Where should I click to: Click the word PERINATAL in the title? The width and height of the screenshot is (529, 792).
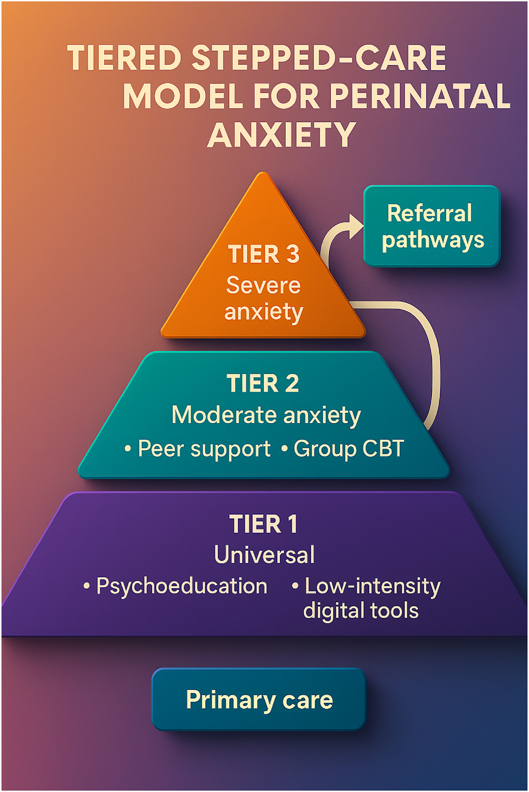coord(419,97)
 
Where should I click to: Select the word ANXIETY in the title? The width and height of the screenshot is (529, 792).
coord(281,135)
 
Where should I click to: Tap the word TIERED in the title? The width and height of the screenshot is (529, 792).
coord(124,59)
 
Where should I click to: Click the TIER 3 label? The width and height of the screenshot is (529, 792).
coord(263,254)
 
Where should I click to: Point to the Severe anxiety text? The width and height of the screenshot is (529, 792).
coord(263,298)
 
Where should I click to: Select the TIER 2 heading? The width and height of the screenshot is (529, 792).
coord(263,384)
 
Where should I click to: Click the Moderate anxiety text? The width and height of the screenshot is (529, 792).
coord(266,415)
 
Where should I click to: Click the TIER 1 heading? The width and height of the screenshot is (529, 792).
coord(263,524)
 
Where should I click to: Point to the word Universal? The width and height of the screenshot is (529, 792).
coord(264,555)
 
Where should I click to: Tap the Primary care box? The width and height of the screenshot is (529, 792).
coord(259,700)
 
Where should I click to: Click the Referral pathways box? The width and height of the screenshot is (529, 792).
coord(432,227)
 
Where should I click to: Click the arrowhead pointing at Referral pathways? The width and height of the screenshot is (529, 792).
coord(355,226)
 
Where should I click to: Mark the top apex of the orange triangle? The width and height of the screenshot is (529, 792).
coord(263,175)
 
